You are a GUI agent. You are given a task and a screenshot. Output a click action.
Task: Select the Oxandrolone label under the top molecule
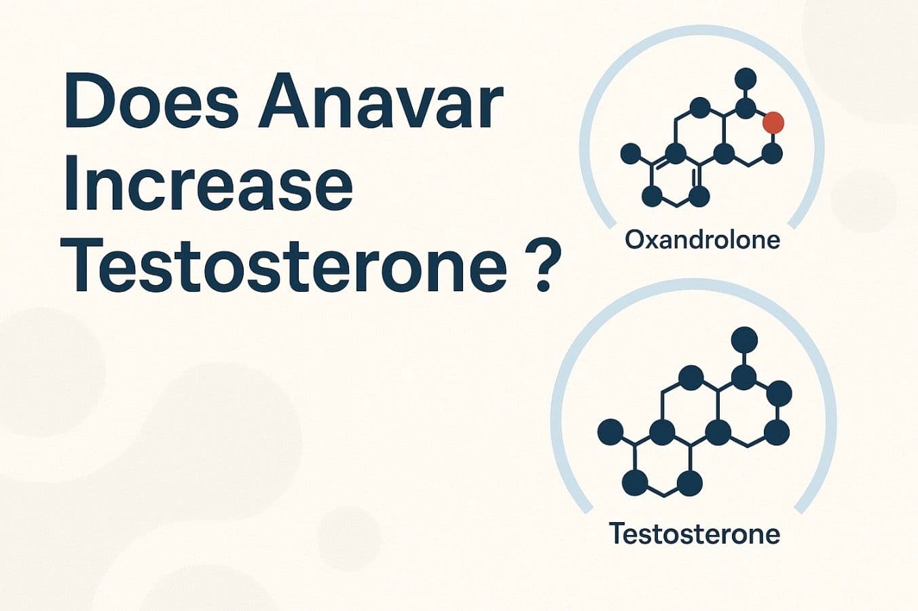[x=702, y=239]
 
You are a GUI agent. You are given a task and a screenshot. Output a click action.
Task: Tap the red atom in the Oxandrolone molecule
[x=773, y=123]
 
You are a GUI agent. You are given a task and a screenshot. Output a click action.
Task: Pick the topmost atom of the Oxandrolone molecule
[x=746, y=77]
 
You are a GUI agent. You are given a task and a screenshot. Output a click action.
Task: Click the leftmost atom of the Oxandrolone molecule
[x=631, y=153]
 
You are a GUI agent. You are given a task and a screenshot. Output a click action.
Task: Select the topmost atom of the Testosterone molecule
[x=745, y=338]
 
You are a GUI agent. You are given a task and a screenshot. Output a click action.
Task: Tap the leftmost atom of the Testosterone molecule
[x=610, y=431]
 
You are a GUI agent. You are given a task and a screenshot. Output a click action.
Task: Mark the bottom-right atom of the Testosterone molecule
[x=691, y=483]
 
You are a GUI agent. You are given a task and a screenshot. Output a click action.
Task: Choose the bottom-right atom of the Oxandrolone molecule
[x=699, y=197]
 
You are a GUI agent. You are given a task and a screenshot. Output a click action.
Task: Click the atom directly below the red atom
[x=773, y=153]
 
